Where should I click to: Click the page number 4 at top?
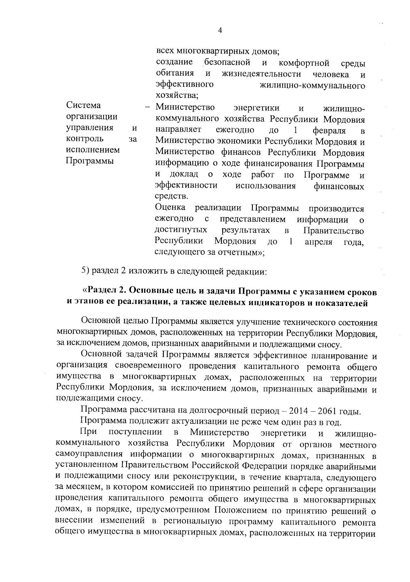[x=220, y=31]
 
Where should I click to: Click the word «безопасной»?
[x=227, y=63]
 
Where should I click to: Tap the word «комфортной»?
[x=304, y=63]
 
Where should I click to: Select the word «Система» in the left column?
[x=83, y=105]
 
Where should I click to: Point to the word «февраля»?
[x=329, y=130]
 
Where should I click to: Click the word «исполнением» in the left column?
[x=93, y=150]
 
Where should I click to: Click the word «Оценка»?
[x=170, y=208]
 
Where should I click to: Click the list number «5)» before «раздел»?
[x=85, y=271]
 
